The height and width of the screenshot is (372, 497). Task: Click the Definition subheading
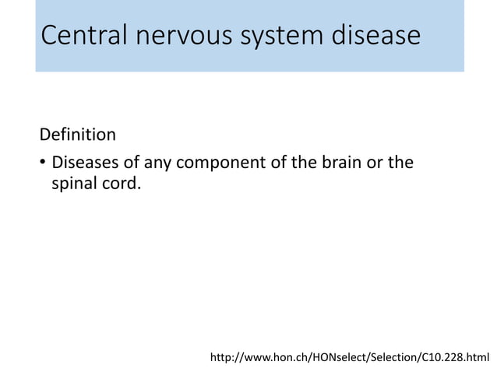point(78,135)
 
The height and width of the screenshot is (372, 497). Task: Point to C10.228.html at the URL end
point(457,357)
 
